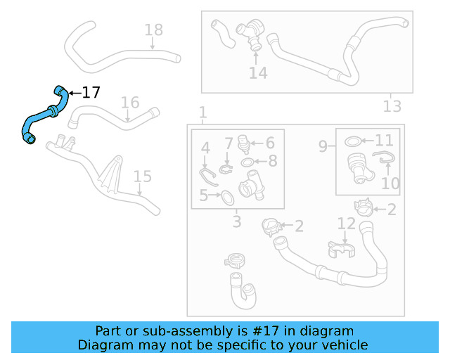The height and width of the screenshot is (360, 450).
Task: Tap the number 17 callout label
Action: click(91, 93)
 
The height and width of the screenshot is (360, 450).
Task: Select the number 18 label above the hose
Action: click(153, 30)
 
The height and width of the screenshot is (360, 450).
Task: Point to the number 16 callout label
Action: click(130, 103)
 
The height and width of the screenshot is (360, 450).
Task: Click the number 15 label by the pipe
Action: click(143, 176)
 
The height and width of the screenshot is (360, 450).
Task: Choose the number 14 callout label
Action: click(258, 73)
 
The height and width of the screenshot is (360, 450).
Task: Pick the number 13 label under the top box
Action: click(392, 106)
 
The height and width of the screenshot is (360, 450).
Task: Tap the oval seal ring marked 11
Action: click(353, 142)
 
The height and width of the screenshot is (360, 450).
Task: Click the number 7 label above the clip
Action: click(229, 144)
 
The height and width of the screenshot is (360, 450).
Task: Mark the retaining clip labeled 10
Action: click(382, 161)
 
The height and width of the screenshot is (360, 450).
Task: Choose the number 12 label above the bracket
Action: click(347, 224)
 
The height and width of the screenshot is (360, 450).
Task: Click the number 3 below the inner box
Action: click(236, 222)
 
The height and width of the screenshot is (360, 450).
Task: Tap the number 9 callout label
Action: click(323, 146)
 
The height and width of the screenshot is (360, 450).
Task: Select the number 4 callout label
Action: click(205, 148)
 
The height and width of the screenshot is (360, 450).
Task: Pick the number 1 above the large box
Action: click(202, 112)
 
